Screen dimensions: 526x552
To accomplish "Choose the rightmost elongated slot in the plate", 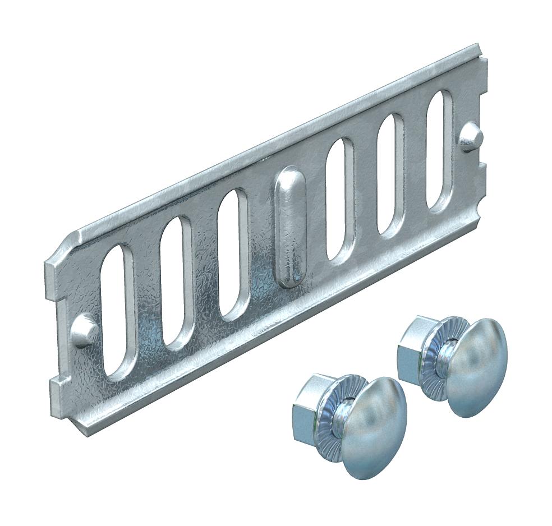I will click(x=439, y=150).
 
